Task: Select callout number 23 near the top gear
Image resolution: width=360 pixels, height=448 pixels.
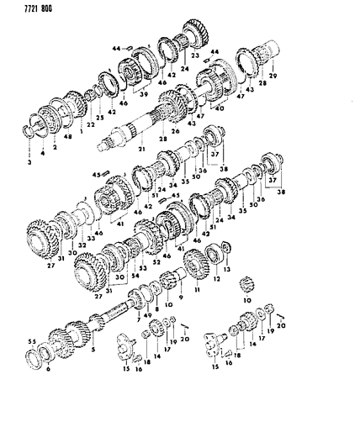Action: click(x=194, y=57)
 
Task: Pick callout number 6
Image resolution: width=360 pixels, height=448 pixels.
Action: click(x=48, y=370)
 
